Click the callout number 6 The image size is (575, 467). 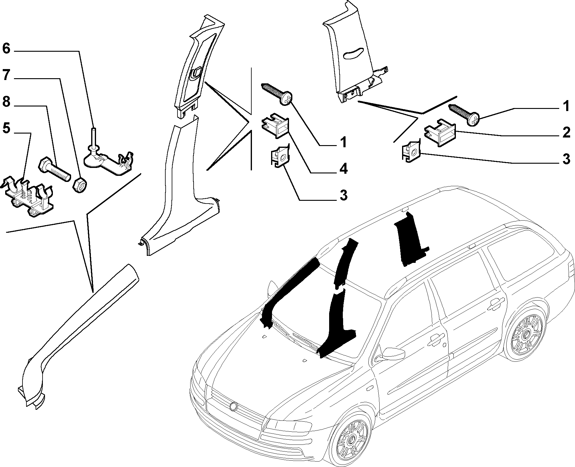6,49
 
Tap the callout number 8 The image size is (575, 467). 7,102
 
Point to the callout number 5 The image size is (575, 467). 7,128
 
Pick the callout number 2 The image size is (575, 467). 566,133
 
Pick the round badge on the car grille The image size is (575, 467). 234,406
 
